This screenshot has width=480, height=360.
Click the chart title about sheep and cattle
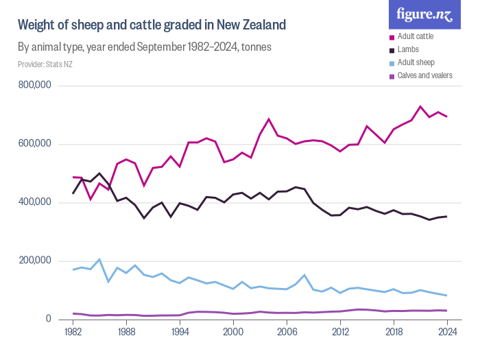[x=151, y=25]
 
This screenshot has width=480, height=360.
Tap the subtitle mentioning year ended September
[x=145, y=47]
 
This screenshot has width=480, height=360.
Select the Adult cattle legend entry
[x=420, y=36]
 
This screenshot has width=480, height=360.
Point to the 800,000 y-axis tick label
[x=36, y=86]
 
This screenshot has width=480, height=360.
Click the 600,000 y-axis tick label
[x=36, y=144]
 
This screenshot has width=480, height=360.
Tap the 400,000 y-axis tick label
[x=36, y=202]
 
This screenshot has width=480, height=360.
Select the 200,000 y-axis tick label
[x=36, y=261]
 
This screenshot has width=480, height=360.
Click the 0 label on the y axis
[x=49, y=319]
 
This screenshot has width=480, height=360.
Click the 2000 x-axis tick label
[x=233, y=331]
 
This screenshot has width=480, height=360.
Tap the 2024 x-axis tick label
[x=447, y=331]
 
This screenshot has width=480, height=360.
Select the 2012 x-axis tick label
[x=340, y=331]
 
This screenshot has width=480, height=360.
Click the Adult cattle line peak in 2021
[x=420, y=106]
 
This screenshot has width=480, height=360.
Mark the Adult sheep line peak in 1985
[x=99, y=259]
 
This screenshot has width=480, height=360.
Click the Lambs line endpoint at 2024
[x=447, y=217]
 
